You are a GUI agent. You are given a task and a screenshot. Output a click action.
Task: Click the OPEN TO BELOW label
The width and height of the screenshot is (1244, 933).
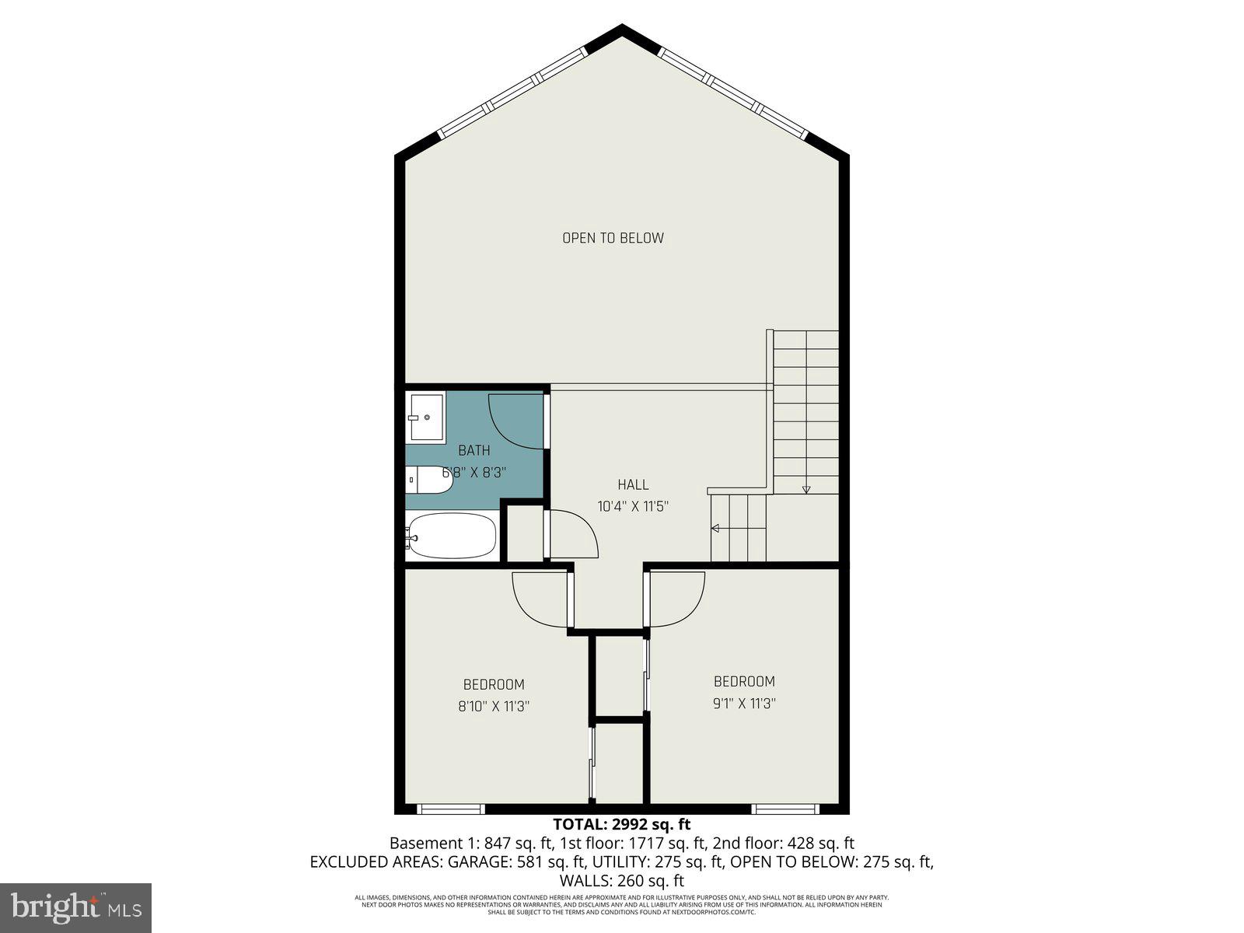tap(613, 238)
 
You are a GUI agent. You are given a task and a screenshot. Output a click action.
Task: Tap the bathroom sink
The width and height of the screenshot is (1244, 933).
tap(425, 418)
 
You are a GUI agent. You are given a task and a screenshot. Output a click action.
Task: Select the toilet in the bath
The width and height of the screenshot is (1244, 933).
tap(428, 480)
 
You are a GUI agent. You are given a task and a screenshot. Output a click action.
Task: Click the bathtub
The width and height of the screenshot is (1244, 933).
tap(451, 535)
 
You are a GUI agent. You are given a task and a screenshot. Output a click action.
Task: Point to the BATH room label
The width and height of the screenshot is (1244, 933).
tap(473, 450)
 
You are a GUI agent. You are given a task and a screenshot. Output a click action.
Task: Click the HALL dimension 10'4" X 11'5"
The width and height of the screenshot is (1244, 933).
tap(633, 506)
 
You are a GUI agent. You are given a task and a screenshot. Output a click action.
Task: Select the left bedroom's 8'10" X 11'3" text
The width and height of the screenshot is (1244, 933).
tap(494, 706)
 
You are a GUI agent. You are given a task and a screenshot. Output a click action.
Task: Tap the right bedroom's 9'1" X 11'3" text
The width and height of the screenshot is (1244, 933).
tap(744, 704)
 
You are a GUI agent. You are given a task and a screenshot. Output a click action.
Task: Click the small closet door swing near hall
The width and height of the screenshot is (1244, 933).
tap(574, 534)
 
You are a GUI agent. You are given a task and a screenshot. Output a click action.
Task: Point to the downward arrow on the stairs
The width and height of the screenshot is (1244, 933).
tap(806, 488)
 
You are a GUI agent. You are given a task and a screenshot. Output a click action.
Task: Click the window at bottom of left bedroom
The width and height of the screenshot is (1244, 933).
tap(451, 809)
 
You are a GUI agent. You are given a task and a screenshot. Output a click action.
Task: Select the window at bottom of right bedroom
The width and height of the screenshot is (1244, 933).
tap(785, 809)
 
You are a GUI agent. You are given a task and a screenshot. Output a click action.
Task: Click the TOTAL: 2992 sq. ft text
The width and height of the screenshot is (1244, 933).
tap(621, 824)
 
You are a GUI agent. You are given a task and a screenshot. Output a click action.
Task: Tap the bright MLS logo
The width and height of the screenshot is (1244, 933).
tap(75, 907)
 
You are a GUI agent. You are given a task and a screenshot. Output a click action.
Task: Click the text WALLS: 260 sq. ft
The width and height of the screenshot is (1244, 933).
tap(621, 881)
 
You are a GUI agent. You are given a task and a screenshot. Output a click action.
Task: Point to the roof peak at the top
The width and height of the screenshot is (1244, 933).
tap(622, 30)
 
